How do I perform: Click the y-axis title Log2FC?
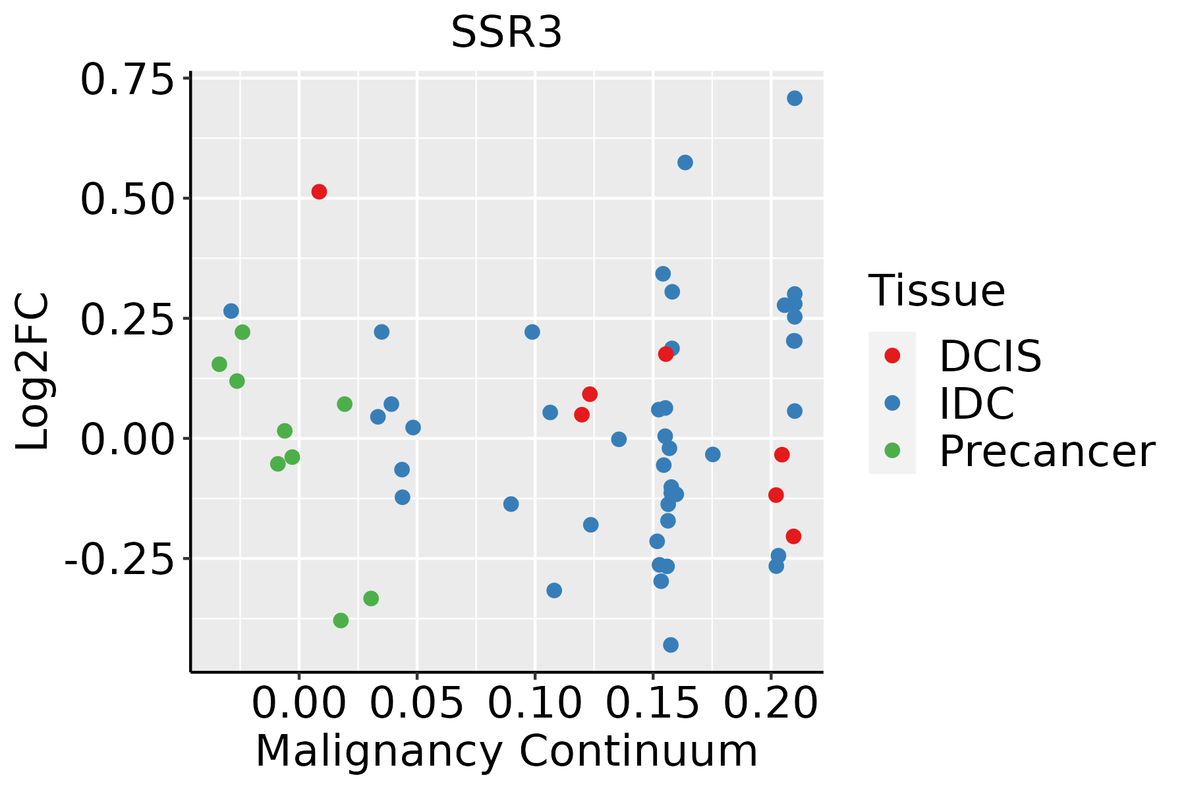(x=33, y=372)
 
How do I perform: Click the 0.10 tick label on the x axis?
(x=534, y=704)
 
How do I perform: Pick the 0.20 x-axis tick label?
(x=770, y=704)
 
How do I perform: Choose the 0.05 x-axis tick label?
(x=416, y=704)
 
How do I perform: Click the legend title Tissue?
(x=936, y=290)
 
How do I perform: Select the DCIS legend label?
(x=990, y=356)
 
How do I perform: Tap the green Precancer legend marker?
(x=892, y=450)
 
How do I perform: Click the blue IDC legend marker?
(x=892, y=403)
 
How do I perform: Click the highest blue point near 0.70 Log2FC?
(x=795, y=98)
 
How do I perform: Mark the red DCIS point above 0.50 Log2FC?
(x=319, y=192)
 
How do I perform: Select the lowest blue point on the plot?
(x=671, y=645)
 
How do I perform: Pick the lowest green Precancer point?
(x=341, y=620)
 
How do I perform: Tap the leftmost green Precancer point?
(x=219, y=364)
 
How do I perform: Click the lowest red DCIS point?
(x=793, y=537)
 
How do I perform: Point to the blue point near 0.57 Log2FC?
(x=685, y=163)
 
